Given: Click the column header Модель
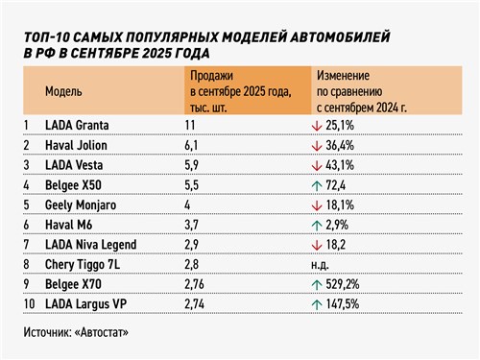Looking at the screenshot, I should tap(63, 91).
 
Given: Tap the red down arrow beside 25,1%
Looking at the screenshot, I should tap(320, 126).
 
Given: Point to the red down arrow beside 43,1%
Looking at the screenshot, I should tap(320, 165).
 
